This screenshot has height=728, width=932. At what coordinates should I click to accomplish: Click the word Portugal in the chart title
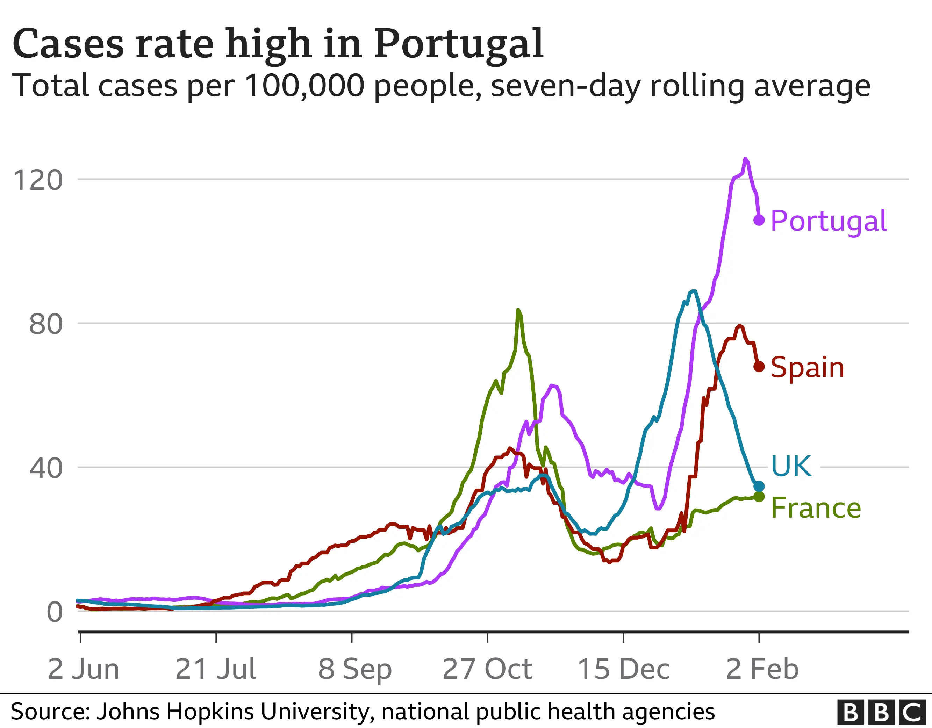click(459, 44)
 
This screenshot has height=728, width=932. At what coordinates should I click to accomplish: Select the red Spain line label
click(807, 367)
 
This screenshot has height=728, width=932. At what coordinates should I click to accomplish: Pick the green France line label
click(816, 508)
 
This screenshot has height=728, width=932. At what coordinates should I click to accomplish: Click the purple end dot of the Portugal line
click(759, 220)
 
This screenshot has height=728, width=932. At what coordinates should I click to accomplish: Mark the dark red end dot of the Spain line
click(759, 367)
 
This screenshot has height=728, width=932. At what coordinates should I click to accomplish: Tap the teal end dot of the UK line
click(759, 486)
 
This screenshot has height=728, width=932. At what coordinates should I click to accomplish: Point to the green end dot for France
click(759, 497)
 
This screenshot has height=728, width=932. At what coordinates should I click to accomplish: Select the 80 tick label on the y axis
click(46, 324)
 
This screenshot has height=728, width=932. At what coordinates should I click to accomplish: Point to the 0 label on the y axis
click(55, 612)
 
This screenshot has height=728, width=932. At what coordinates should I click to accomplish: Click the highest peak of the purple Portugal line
click(745, 159)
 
